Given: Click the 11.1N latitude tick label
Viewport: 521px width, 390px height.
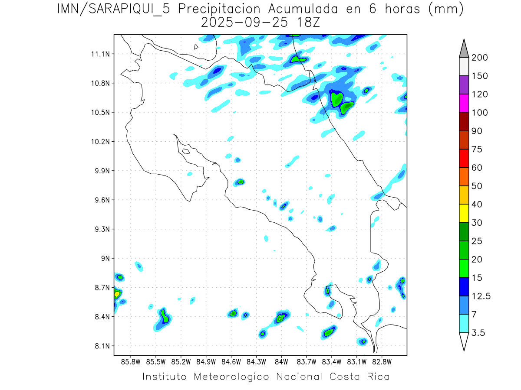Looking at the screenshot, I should (x=99, y=54).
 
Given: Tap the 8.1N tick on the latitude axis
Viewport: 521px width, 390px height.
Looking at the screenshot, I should (x=99, y=346).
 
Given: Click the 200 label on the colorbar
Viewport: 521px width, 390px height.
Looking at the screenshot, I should (x=480, y=58).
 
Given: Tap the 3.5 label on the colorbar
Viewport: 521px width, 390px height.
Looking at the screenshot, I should (x=478, y=333).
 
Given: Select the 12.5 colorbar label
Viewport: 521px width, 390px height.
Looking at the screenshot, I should (x=481, y=296).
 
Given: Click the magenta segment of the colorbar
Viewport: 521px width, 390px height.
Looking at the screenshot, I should (x=463, y=104).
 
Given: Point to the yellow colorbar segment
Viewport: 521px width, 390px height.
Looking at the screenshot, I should (x=463, y=214).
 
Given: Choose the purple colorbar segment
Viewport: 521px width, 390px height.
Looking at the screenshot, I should (x=463, y=85).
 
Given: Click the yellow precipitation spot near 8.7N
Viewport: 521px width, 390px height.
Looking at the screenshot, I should (x=116, y=295).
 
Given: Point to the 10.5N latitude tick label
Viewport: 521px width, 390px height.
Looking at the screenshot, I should (x=99, y=112).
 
